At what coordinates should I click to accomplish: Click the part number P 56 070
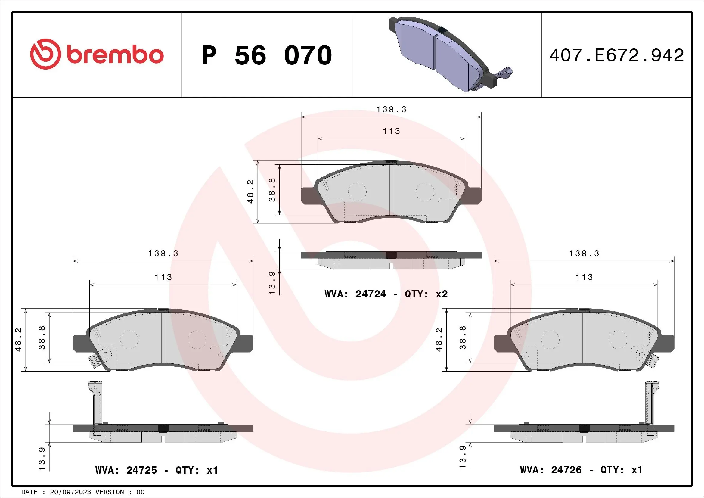coord(267,55)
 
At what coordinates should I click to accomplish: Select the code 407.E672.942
coord(616,55)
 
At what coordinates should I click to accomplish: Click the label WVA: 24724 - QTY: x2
coord(386,294)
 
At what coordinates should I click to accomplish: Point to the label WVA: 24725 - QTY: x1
coord(157,470)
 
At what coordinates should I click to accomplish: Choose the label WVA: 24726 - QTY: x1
coord(581,470)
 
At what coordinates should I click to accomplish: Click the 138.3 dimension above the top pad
coord(391,110)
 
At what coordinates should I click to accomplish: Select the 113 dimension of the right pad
coord(584,277)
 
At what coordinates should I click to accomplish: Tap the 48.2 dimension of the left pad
coord(18,339)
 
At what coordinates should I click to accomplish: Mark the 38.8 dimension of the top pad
coord(272,190)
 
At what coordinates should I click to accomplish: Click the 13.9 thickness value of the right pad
coord(462,457)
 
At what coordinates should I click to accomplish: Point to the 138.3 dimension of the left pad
coord(163,253)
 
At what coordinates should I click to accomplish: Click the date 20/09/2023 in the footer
coord(70,492)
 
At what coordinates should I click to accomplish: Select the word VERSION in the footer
coord(110,492)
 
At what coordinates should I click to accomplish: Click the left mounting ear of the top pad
coord(308,196)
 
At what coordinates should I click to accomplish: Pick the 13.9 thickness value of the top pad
coord(272,283)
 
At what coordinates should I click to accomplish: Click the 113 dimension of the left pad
coord(163,277)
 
